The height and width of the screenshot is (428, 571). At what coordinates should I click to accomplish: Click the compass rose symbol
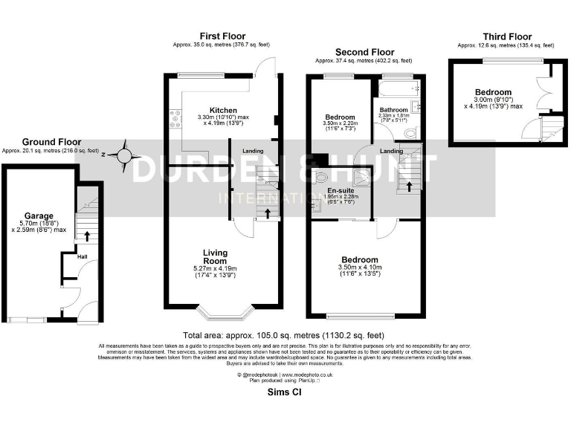125,155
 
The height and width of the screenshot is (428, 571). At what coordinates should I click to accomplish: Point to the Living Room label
214,256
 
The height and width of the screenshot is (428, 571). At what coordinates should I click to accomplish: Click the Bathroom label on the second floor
393,110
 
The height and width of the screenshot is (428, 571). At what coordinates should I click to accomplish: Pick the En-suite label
341,190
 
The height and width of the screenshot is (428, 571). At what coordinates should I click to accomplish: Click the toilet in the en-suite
320,178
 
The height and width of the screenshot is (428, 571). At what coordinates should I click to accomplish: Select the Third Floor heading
507,36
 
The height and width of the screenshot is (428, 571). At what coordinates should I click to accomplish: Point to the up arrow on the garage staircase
88,237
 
